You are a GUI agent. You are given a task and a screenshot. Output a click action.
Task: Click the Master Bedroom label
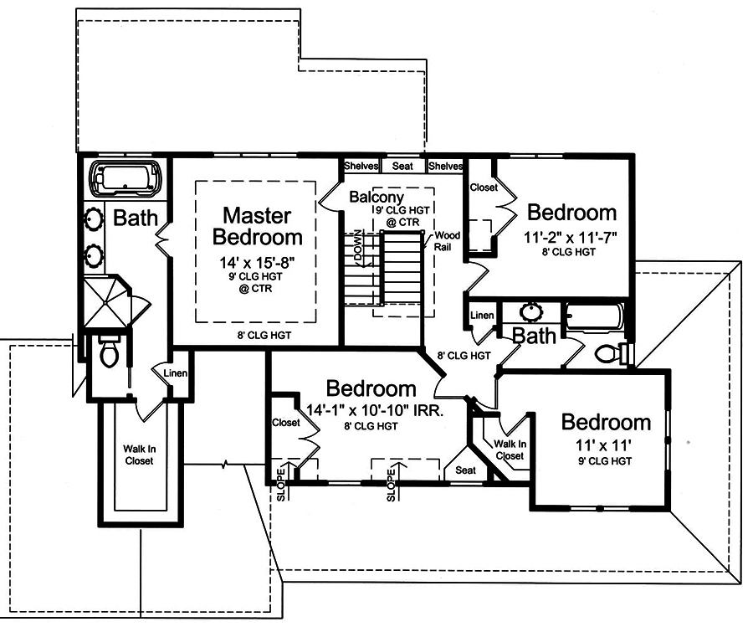click(257, 225)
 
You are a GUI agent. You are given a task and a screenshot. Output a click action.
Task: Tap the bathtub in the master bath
click(125, 179)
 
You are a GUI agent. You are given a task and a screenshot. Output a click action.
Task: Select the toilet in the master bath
click(108, 354)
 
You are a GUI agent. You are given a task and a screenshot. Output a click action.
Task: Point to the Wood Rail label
click(445, 241)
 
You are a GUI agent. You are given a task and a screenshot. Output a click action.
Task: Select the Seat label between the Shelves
click(402, 166)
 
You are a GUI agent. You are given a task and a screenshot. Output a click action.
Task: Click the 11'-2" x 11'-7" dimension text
click(572, 238)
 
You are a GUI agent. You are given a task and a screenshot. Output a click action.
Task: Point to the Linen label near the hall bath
click(483, 315)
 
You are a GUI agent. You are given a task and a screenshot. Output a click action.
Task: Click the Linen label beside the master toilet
click(175, 373)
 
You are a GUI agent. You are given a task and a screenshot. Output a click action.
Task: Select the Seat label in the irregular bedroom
click(465, 470)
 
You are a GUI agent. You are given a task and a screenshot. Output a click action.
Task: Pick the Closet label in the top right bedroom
click(484, 188)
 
